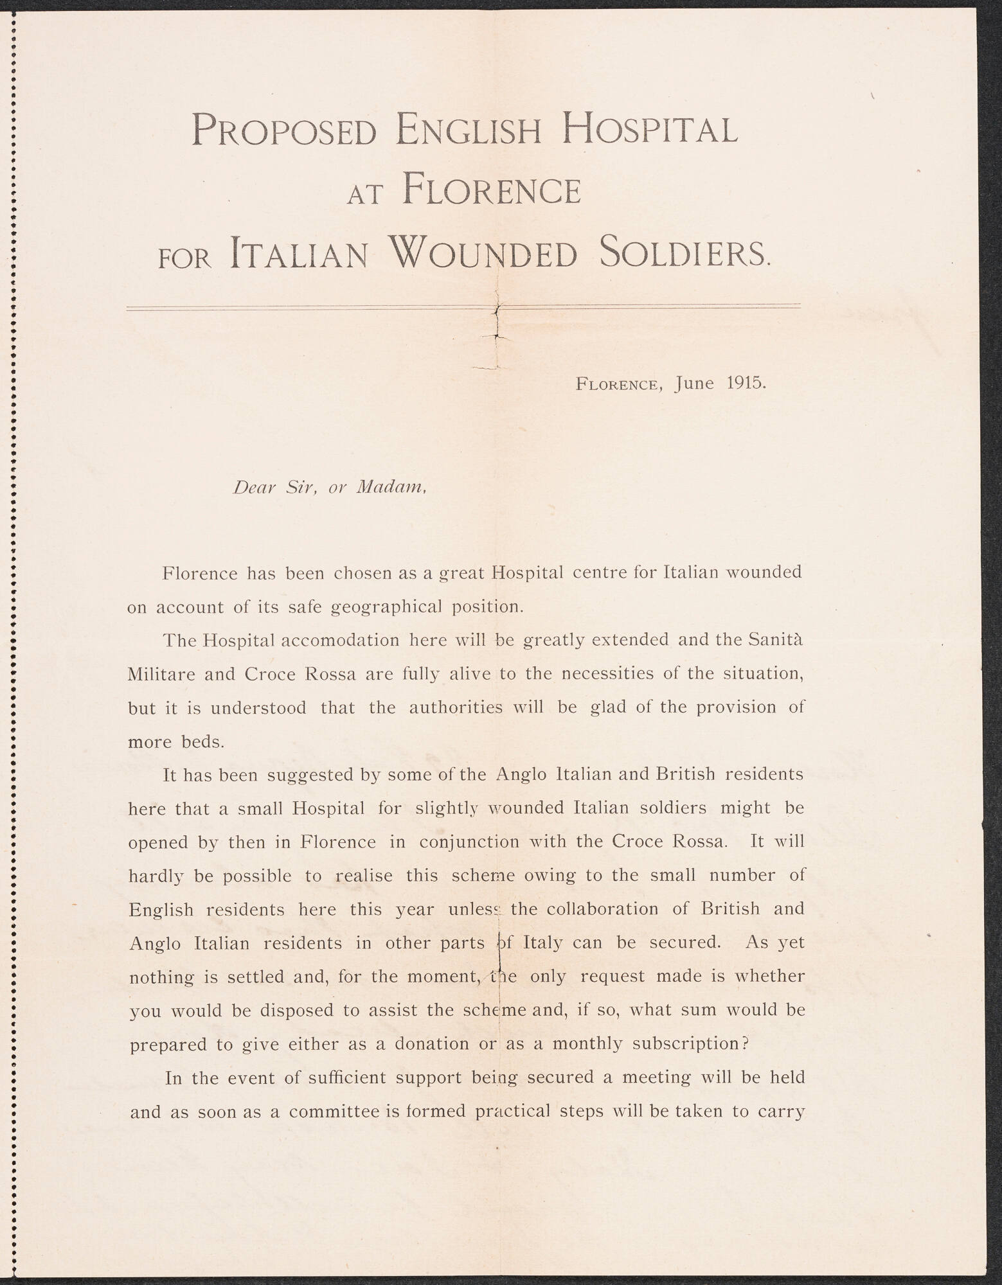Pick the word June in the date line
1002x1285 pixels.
coord(695,384)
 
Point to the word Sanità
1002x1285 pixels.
coord(776,640)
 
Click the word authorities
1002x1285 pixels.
coord(456,707)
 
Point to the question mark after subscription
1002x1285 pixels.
coord(745,1043)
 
